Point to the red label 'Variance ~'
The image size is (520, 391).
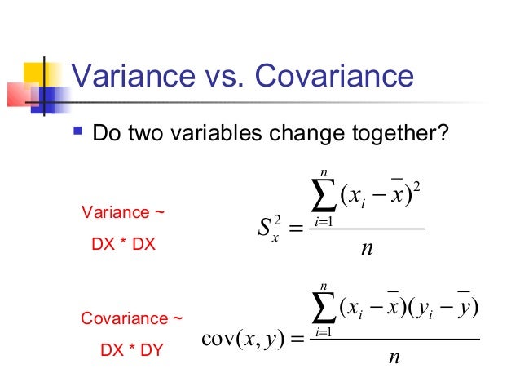click(122, 213)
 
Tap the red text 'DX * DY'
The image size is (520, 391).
click(130, 350)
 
